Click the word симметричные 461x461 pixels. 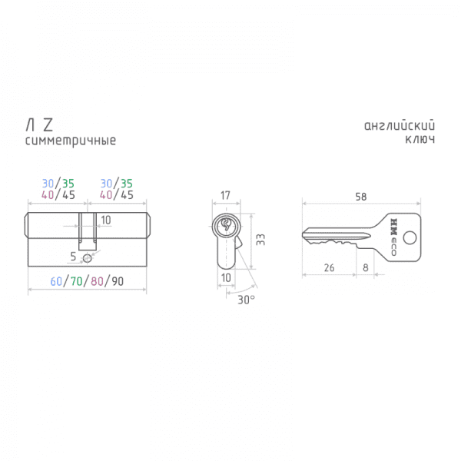(x=71, y=141)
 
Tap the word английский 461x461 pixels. (x=400, y=125)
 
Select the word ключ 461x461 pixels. (x=420, y=139)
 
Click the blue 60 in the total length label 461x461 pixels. (x=56, y=281)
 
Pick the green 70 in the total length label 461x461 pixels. (x=76, y=281)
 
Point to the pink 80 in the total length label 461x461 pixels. (x=97, y=281)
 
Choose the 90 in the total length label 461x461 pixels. (x=118, y=281)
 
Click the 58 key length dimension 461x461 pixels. (x=361, y=197)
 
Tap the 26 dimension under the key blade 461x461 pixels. (x=330, y=268)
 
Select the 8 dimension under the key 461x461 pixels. (x=366, y=268)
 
